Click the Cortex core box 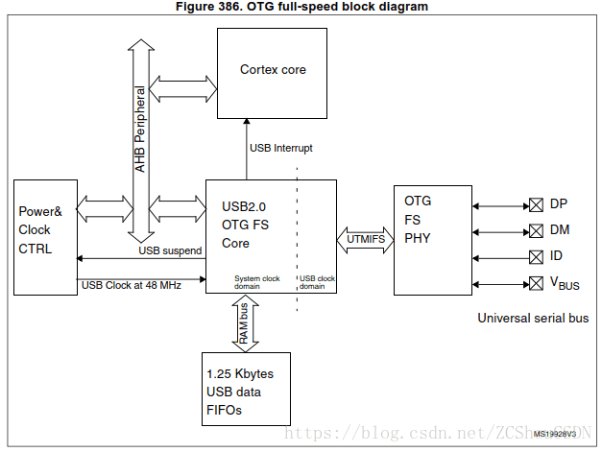pos(274,70)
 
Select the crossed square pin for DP pos(536,204)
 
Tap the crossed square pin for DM pos(536,230)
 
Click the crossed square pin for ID pos(536,256)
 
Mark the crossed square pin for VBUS pos(536,282)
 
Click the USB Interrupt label pos(280,148)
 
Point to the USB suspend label pos(170,250)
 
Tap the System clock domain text pos(257,282)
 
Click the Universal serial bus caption pos(533,318)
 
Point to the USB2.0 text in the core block pos(243,205)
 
